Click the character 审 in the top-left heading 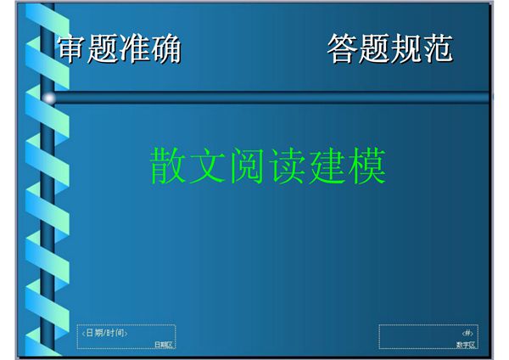pyautogui.click(x=71, y=50)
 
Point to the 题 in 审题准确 pyautogui.click(x=103, y=50)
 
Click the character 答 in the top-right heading pyautogui.click(x=342, y=50)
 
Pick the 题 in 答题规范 pyautogui.click(x=373, y=50)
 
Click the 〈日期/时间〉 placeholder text pyautogui.click(x=105, y=332)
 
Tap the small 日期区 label pyautogui.click(x=163, y=344)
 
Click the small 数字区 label pyautogui.click(x=466, y=344)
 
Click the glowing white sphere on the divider pyautogui.click(x=49, y=98)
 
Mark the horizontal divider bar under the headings pyautogui.click(x=271, y=98)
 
